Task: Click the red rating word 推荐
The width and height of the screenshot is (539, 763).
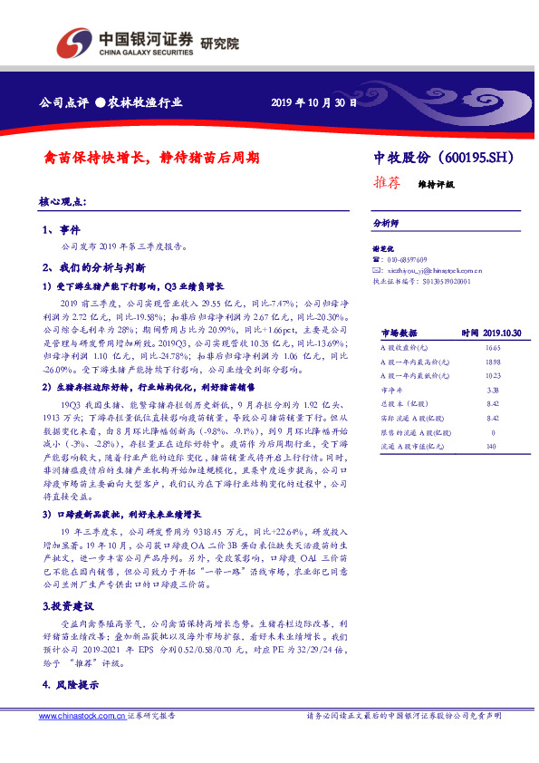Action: point(387,181)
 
